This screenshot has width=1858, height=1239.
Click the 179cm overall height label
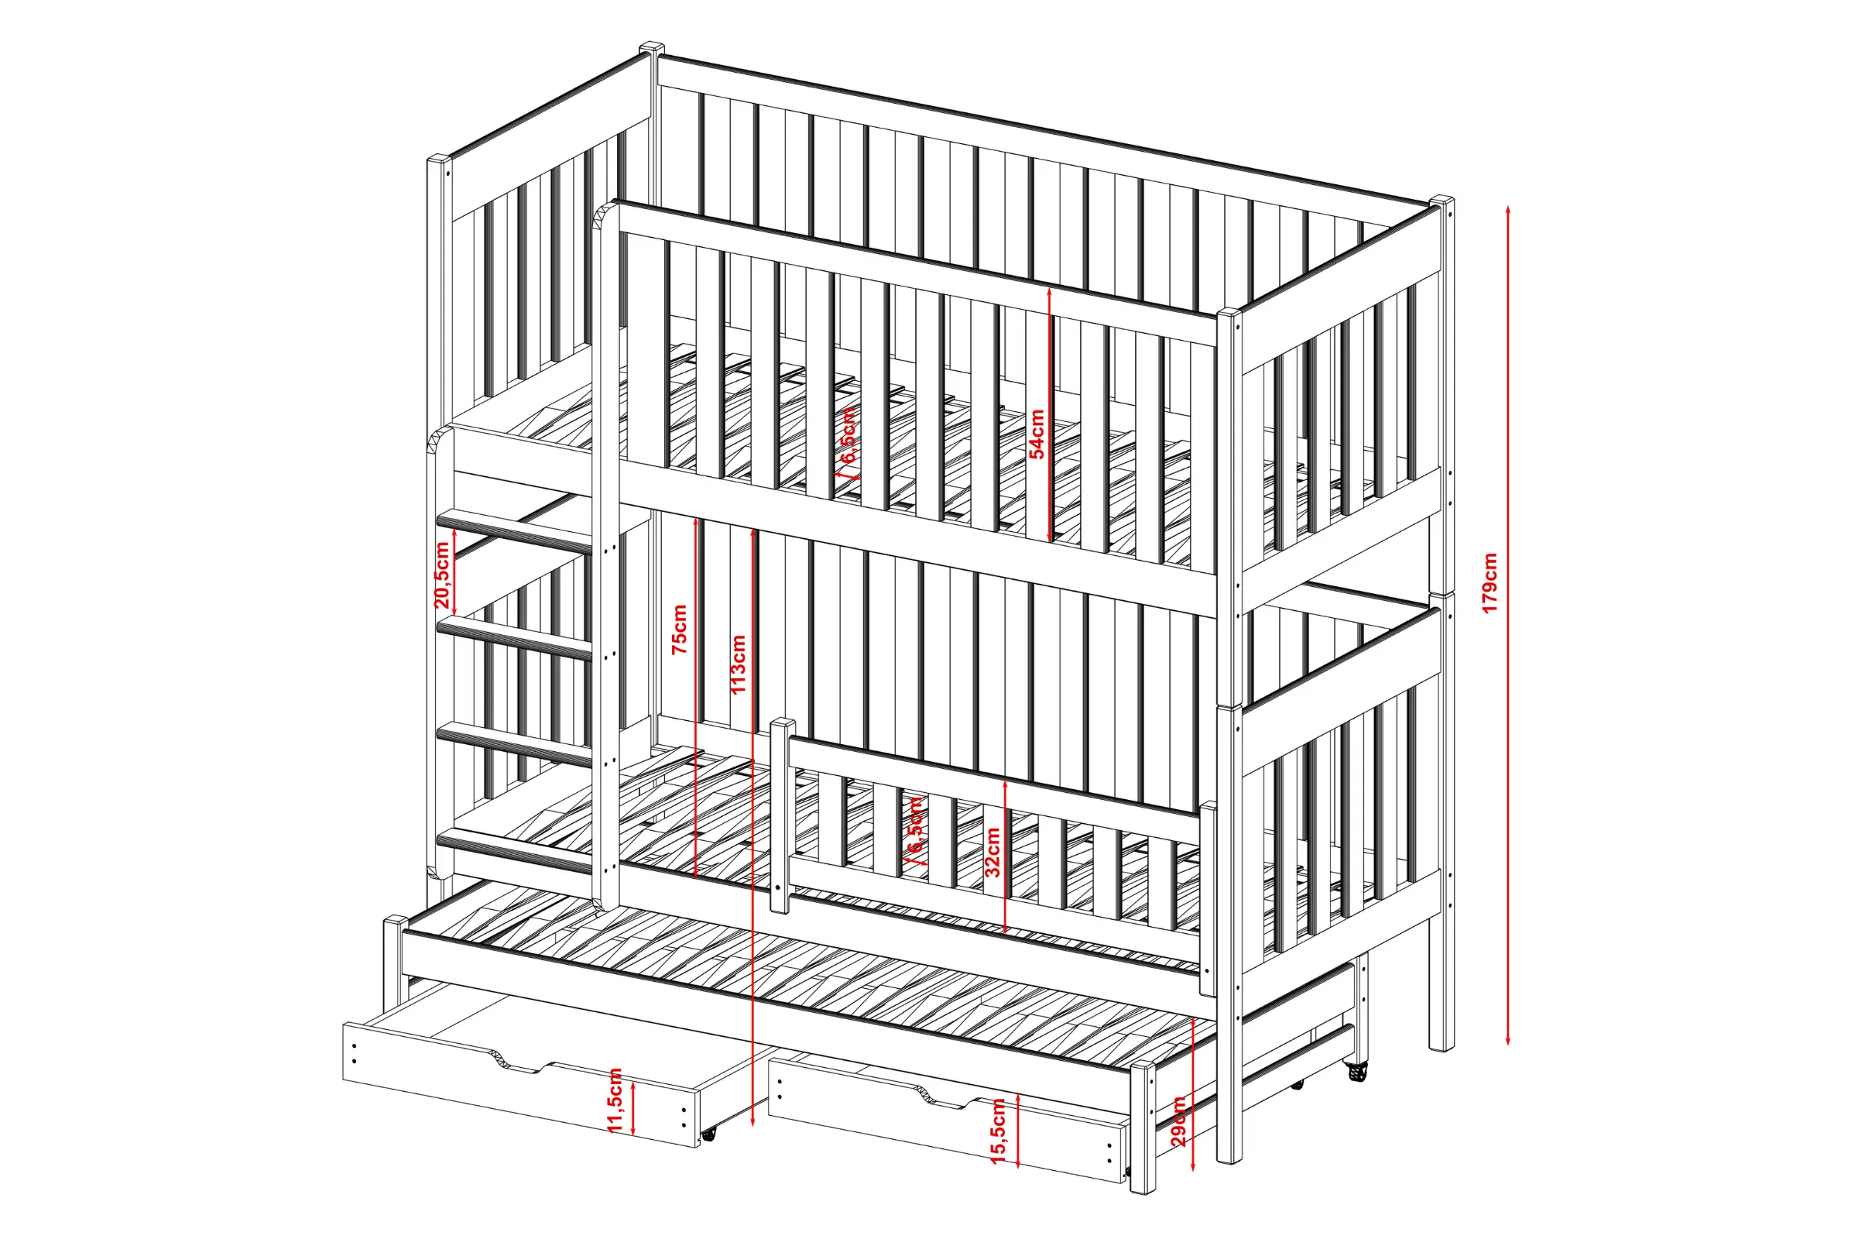pyautogui.click(x=1489, y=583)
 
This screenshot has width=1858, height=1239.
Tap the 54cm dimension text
pyautogui.click(x=1037, y=433)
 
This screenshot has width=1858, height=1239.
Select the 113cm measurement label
pyautogui.click(x=738, y=664)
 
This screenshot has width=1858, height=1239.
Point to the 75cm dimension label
pyautogui.click(x=680, y=629)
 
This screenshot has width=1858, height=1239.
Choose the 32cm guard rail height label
pyautogui.click(x=993, y=852)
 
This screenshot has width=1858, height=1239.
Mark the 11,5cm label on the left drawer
pyautogui.click(x=616, y=1099)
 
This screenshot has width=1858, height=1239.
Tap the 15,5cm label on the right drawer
pyautogui.click(x=998, y=1131)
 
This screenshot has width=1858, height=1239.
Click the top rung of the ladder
pyautogui.click(x=514, y=529)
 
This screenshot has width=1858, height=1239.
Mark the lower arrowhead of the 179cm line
pyautogui.click(x=1507, y=1038)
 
